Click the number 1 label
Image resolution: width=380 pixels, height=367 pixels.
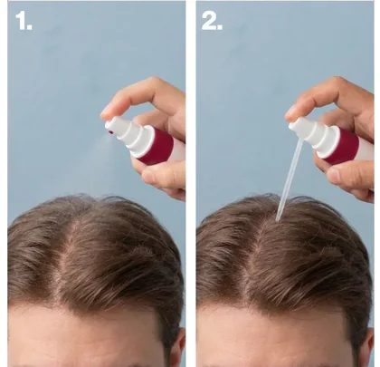pyautogui.click(x=24, y=21)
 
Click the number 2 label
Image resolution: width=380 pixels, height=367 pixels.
pyautogui.click(x=212, y=21)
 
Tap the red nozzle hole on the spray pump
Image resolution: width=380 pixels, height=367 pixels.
pyautogui.click(x=110, y=132)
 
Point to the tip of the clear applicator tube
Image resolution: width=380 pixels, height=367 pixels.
pyautogui.click(x=278, y=220)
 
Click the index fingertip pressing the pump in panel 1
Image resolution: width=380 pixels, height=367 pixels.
pyautogui.click(x=107, y=112)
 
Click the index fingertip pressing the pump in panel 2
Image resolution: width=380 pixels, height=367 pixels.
pyautogui.click(x=292, y=112)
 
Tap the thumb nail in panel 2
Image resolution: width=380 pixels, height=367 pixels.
pyautogui.click(x=333, y=175)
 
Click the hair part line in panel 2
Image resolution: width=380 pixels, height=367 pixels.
pyautogui.click(x=256, y=260)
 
